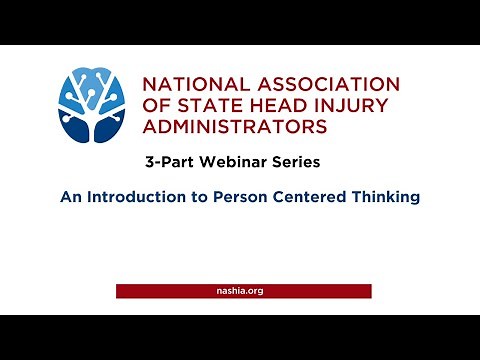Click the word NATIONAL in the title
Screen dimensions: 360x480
coord(191,85)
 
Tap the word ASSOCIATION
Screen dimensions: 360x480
coord(322,85)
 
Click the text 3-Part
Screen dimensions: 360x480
coord(167,161)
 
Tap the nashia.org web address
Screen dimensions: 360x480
coord(240,291)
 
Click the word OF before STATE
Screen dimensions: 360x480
coord(156,106)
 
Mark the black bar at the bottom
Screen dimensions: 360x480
coord(240,337)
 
